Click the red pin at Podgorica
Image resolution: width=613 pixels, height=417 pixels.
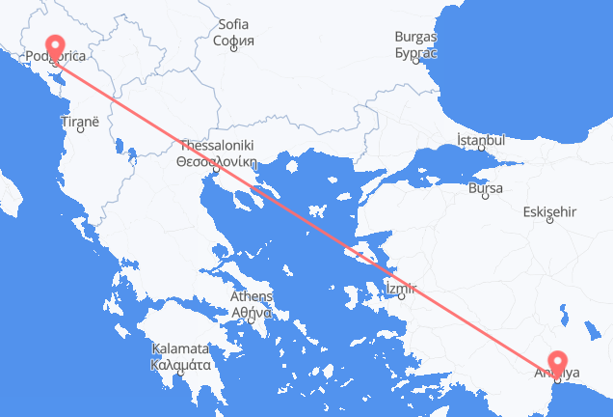[53, 44]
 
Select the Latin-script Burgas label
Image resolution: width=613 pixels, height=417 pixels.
[415, 37]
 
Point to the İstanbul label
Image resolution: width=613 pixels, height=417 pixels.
[481, 141]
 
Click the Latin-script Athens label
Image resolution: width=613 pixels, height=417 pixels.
[251, 296]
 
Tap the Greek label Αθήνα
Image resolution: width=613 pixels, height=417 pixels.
[251, 311]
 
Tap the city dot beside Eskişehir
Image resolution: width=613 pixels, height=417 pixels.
[549, 221]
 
